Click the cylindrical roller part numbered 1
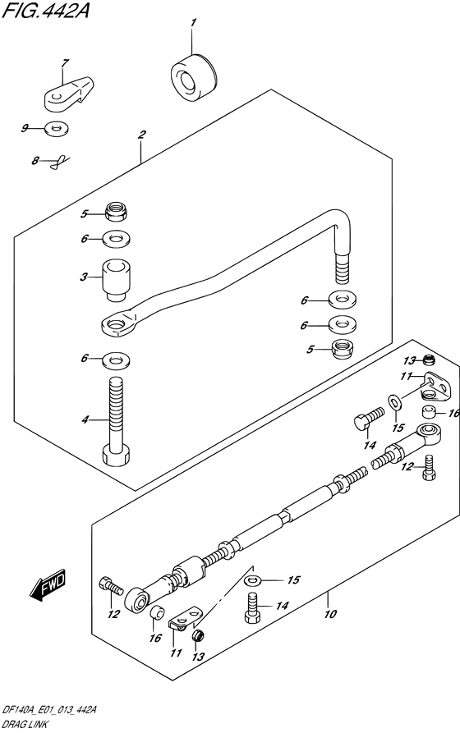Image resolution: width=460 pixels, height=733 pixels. [194, 77]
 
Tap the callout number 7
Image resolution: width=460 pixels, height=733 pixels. [65, 62]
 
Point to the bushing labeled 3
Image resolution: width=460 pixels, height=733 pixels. [116, 280]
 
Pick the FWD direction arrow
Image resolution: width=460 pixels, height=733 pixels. [48, 584]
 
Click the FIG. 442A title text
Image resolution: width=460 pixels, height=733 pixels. [45, 10]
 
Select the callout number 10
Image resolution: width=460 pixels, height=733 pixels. [330, 613]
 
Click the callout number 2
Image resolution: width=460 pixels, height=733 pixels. [141, 135]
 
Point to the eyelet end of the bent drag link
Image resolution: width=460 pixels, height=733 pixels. [119, 325]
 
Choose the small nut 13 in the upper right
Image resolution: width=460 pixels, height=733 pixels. [428, 360]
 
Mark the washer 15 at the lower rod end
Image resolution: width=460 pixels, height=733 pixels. [253, 580]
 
